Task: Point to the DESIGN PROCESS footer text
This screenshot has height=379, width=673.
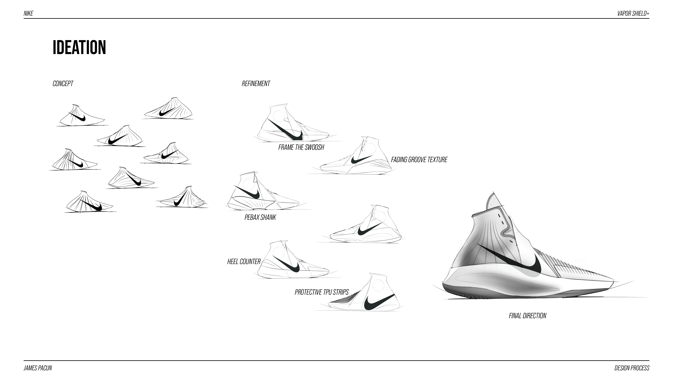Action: (x=632, y=368)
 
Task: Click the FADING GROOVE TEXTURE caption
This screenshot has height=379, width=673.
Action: (x=419, y=160)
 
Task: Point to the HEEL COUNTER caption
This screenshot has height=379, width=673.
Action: (x=244, y=262)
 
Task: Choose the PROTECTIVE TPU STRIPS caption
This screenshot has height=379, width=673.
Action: (x=322, y=292)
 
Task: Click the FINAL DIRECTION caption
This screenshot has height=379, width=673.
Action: (x=527, y=316)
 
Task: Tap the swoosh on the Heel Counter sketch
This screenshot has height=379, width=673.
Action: (x=290, y=265)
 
